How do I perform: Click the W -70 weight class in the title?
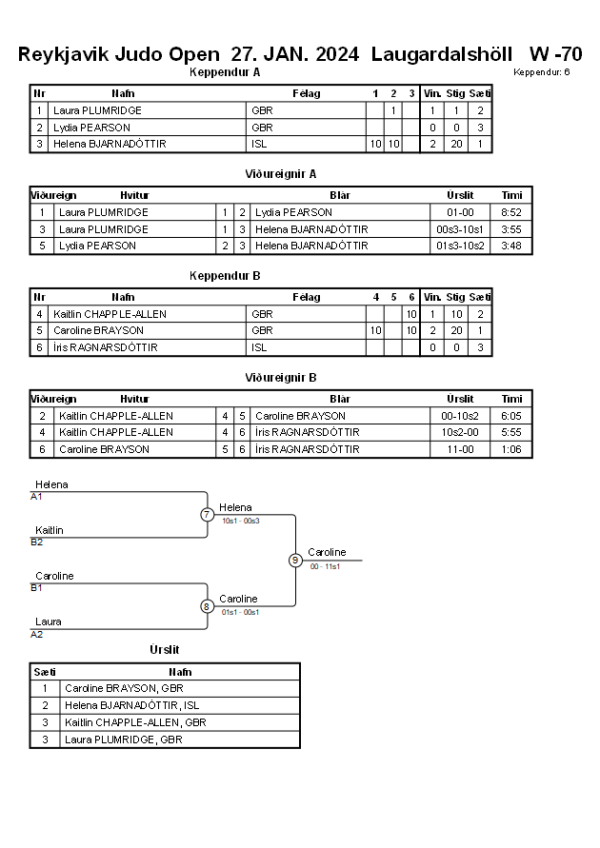(555, 54)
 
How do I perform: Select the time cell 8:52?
(511, 212)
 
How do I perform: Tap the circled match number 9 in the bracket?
(295, 561)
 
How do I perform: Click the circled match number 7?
(208, 514)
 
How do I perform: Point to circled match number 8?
(207, 606)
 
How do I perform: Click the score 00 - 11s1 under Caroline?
(325, 566)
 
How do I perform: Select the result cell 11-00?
(460, 449)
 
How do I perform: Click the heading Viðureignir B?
(281, 378)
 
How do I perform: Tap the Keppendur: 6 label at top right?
(542, 72)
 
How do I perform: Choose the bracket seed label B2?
(37, 542)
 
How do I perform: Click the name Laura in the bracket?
(49, 621)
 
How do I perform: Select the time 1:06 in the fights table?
(511, 449)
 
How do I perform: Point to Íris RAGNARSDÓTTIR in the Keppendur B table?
(106, 347)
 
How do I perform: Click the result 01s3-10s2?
(460, 246)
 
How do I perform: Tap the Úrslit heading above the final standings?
(165, 649)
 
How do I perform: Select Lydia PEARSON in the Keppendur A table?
(92, 128)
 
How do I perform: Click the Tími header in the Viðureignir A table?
(511, 195)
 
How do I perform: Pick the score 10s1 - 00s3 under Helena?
(241, 521)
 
